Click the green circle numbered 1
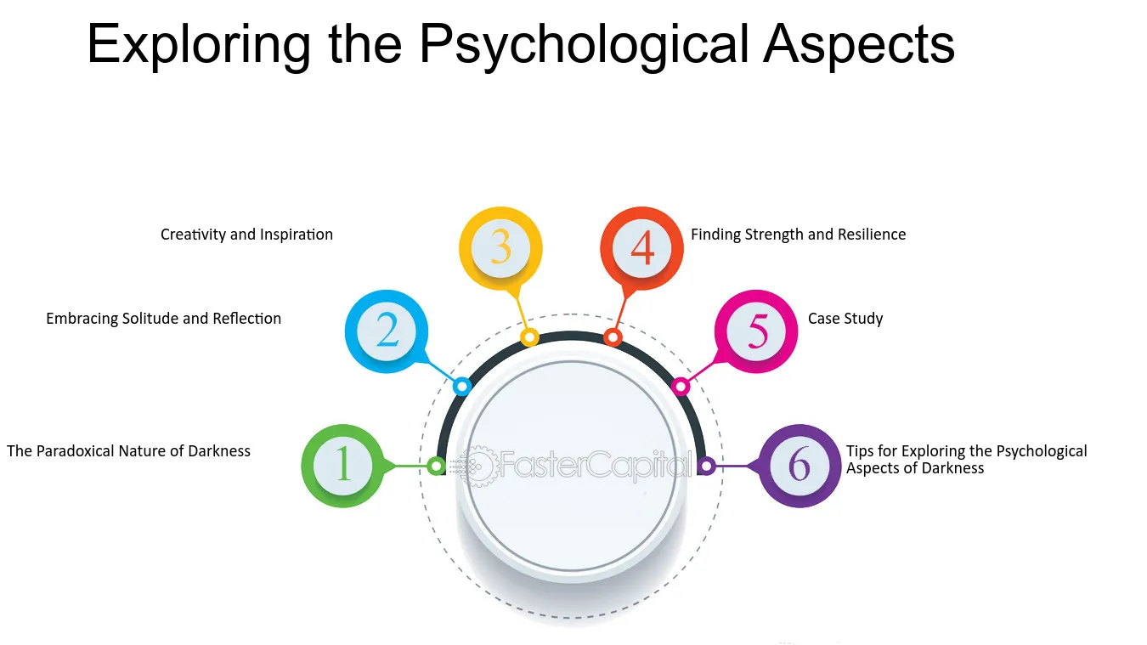pos(342,466)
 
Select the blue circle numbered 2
pos(387,331)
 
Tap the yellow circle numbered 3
pos(500,248)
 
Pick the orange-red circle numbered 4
pos(641,248)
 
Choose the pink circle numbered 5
pos(756,331)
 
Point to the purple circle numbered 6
pos(800,466)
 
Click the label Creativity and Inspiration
pos(246,235)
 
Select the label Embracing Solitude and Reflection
pos(164,319)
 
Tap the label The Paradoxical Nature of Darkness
pos(128,451)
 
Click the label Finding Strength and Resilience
pos(799,235)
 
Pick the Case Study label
pos(845,319)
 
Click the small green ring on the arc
pos(436,467)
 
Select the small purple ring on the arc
pos(707,467)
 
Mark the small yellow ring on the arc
pos(529,337)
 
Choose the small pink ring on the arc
pos(681,387)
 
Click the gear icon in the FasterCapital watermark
pos(477,466)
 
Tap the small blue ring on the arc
pos(462,387)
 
